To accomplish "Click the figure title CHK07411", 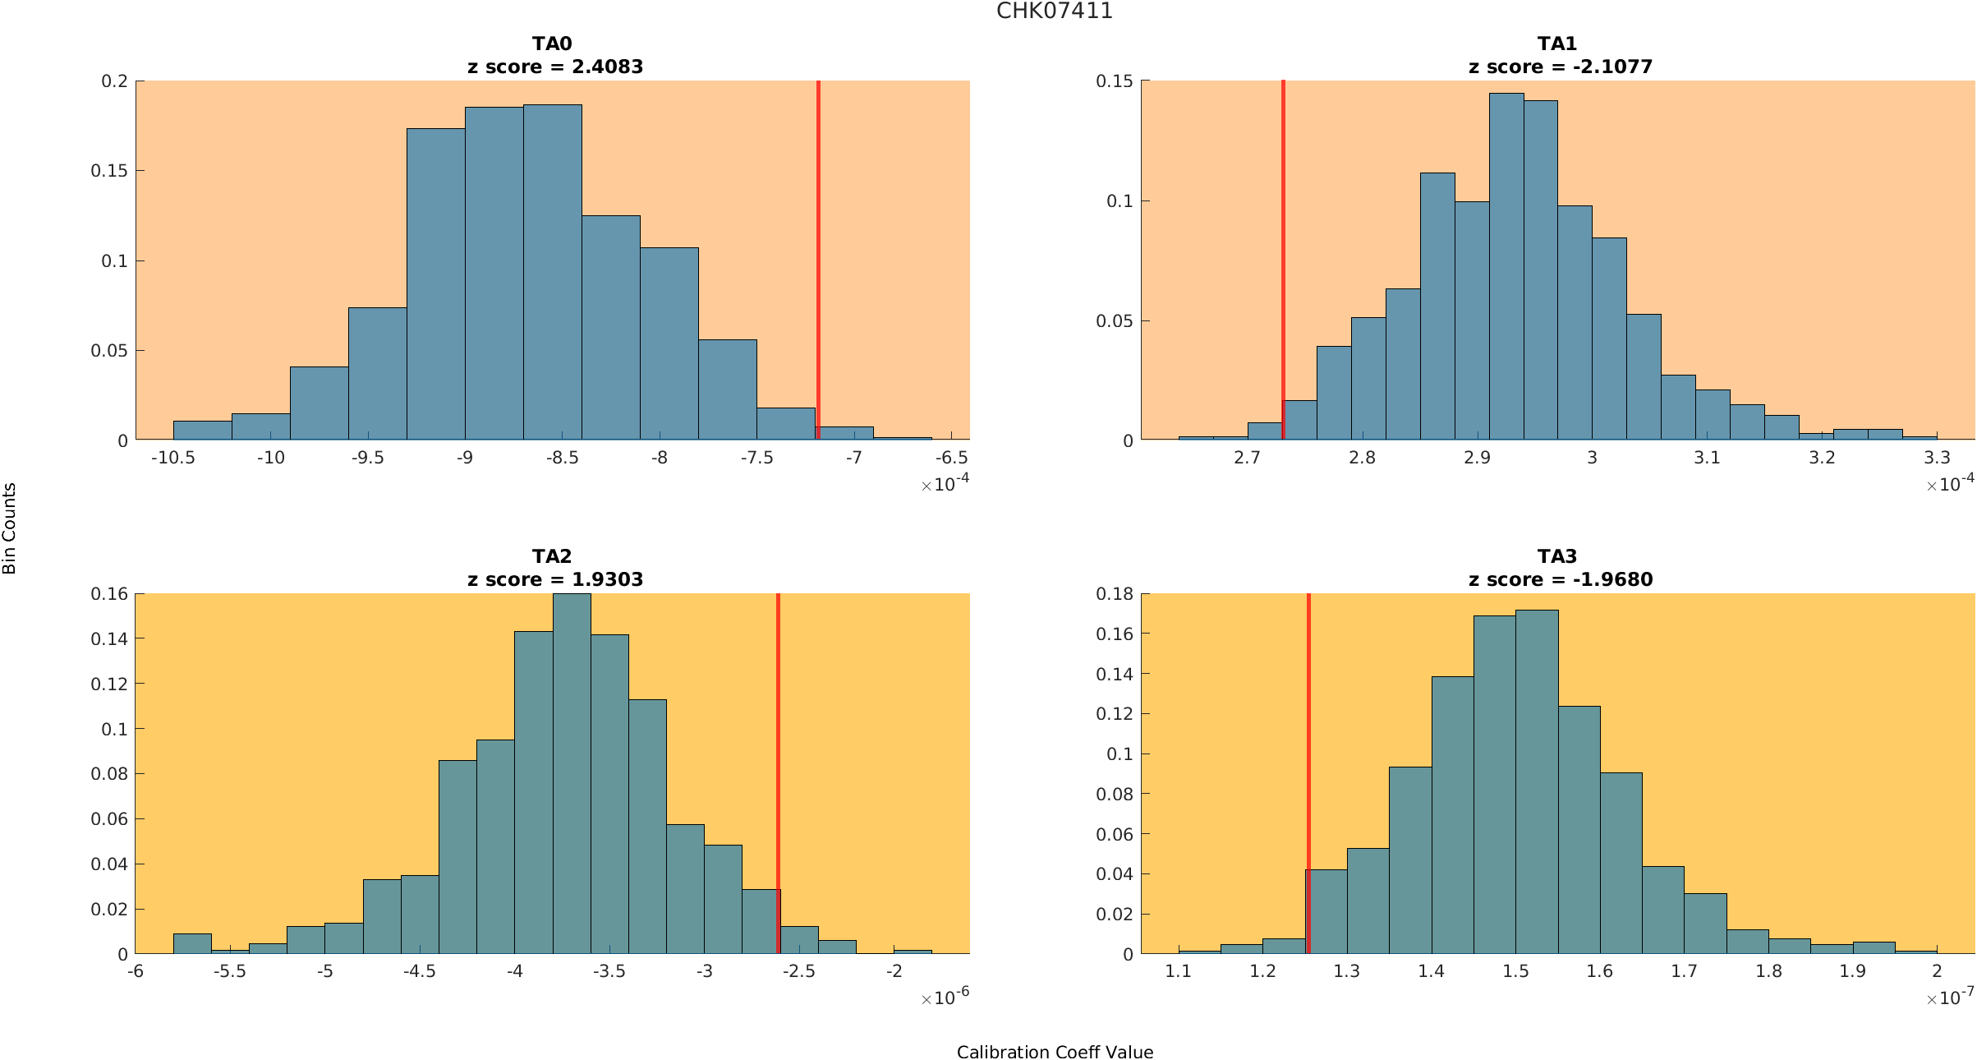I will coord(1054,12).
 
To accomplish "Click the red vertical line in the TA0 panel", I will coord(818,247).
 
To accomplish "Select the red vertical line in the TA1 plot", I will coord(1283,247).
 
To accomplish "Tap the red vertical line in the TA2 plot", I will coord(778,740).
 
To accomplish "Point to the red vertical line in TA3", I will coord(1308,740).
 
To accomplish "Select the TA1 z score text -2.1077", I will coord(1611,67).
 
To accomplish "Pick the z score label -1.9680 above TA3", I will coord(1611,580).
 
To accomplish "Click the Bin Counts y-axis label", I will coord(9,528).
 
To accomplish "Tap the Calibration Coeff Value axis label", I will coord(1055,1053).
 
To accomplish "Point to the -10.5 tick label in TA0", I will coord(172,459).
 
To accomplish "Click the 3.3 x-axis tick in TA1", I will coord(1937,459).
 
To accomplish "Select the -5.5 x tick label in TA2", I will coord(230,971).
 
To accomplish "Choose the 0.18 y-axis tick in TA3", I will coord(1115,594).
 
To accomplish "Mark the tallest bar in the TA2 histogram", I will coord(572,772).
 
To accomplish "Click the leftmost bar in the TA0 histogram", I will coord(202,431).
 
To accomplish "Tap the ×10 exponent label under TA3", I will coord(1949,998).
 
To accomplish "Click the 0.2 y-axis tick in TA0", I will coord(114,81).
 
